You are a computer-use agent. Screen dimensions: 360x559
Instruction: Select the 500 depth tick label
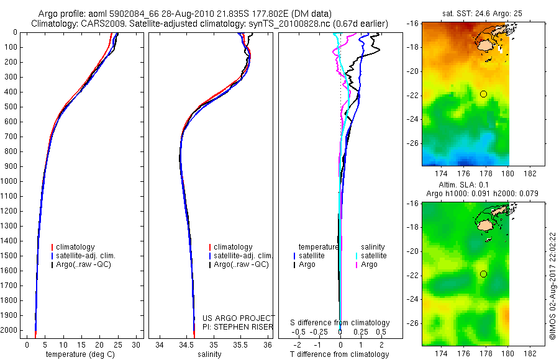pyautogui.click(x=11, y=107)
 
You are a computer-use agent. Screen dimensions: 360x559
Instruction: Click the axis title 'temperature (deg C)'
pyautogui.click(x=81, y=354)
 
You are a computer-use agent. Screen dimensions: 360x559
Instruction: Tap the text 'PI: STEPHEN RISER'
pyautogui.click(x=238, y=326)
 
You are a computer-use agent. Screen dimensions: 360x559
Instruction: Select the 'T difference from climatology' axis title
pyautogui.click(x=340, y=354)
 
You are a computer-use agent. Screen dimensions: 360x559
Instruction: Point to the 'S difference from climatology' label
pyautogui.click(x=340, y=323)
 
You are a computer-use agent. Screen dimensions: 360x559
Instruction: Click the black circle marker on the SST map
pyautogui.click(x=483, y=94)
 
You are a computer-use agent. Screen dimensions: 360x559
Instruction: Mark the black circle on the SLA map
pyautogui.click(x=483, y=274)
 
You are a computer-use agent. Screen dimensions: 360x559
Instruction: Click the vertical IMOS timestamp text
pyautogui.click(x=552, y=285)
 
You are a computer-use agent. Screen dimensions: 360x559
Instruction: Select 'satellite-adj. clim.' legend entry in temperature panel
pyautogui.click(x=86, y=256)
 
